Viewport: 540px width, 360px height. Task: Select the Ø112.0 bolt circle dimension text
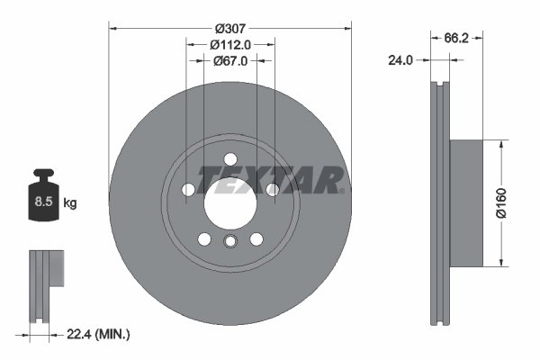coord(229,44)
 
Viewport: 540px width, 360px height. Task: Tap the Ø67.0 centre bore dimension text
coord(229,61)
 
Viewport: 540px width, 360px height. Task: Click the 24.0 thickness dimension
coord(400,61)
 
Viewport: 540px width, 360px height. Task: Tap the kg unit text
coord(70,203)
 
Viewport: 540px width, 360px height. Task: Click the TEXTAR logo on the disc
coord(268,179)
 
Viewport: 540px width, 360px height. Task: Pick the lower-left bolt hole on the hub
coord(203,238)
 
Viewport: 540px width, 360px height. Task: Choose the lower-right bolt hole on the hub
coord(256,238)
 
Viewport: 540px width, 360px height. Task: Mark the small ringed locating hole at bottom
coord(229,241)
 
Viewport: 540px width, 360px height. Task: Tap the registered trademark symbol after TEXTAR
coord(346,190)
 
